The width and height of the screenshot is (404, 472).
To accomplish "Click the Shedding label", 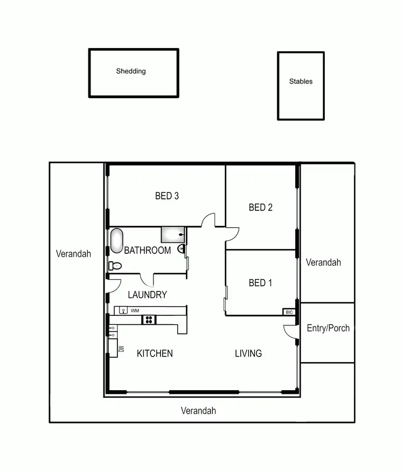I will [x=131, y=71].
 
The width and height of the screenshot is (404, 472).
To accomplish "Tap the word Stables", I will [x=301, y=82].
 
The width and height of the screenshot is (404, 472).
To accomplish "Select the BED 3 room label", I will [x=167, y=196].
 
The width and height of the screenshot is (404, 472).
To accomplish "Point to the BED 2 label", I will [x=261, y=207].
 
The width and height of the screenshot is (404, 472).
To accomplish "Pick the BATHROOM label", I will [x=148, y=251].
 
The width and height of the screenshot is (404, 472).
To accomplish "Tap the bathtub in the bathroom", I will [x=117, y=241].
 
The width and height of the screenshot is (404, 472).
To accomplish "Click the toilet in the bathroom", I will [x=115, y=266].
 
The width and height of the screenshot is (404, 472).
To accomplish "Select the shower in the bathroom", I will [x=173, y=235].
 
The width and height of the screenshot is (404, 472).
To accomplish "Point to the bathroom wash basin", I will [x=182, y=249].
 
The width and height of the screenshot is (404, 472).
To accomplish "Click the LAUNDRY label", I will [x=147, y=295].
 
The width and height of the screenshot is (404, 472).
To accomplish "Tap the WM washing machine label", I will [x=135, y=311].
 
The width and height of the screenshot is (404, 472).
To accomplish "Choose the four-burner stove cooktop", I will [x=149, y=320].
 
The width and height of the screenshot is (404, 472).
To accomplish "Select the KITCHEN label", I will [x=155, y=353].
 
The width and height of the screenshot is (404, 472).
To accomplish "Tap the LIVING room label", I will [x=248, y=353].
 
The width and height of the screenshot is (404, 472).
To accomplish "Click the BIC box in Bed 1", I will [x=289, y=312].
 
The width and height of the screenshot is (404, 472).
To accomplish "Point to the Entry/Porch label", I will [x=328, y=328].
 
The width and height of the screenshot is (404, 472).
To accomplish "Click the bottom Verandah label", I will [x=198, y=411].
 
